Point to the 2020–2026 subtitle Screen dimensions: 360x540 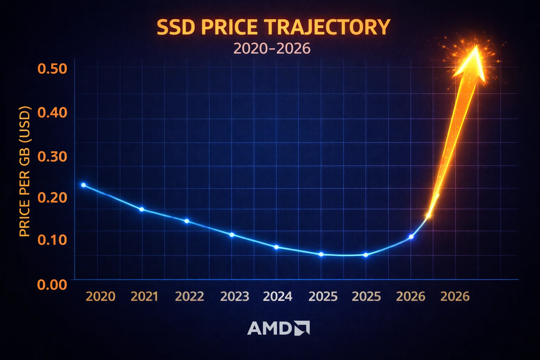click(x=272, y=49)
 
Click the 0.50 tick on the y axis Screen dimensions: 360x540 click(x=52, y=69)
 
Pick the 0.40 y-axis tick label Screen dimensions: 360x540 click(x=52, y=112)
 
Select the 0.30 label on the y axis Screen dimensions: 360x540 click(x=52, y=156)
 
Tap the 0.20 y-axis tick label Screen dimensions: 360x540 click(x=52, y=198)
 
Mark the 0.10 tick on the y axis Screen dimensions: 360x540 click(x=52, y=240)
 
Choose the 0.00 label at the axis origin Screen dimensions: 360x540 click(x=52, y=284)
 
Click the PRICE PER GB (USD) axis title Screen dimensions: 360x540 click(x=25, y=171)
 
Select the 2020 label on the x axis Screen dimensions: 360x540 click(x=101, y=296)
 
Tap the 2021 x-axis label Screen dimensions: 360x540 click(x=144, y=296)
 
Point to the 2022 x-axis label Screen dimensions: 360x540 click(x=189, y=296)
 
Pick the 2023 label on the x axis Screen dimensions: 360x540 click(x=234, y=296)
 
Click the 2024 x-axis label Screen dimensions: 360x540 click(x=278, y=296)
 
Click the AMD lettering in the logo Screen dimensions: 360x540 click(x=270, y=328)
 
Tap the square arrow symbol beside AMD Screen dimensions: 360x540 click(x=302, y=328)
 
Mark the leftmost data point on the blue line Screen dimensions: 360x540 click(x=83, y=185)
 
